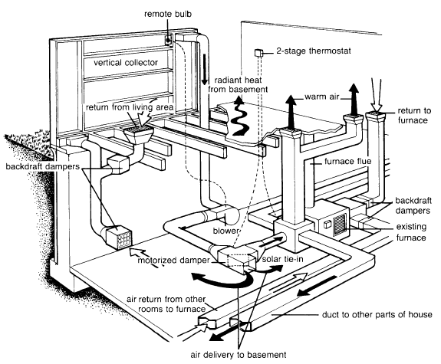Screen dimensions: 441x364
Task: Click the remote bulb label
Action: pos(168,14)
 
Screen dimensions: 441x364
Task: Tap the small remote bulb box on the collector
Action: pos(169,41)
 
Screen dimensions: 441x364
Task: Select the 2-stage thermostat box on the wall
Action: pos(258,53)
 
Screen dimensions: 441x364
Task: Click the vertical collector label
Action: pos(126,62)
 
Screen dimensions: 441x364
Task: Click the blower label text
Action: pos(225,231)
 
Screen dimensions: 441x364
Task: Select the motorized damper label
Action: pos(173,261)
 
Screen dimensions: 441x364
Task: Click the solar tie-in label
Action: pos(283,259)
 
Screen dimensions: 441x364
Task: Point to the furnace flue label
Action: pos(347,162)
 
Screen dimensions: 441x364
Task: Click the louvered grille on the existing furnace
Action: pos(340,225)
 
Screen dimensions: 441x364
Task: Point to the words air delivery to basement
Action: pos(239,355)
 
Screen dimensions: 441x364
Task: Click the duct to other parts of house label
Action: pos(377,314)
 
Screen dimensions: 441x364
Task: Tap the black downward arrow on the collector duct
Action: pos(205,69)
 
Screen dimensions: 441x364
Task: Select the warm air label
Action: pos(322,97)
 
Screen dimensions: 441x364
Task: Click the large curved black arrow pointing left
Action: pos(223,281)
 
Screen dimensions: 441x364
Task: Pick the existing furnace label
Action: pos(411,232)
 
